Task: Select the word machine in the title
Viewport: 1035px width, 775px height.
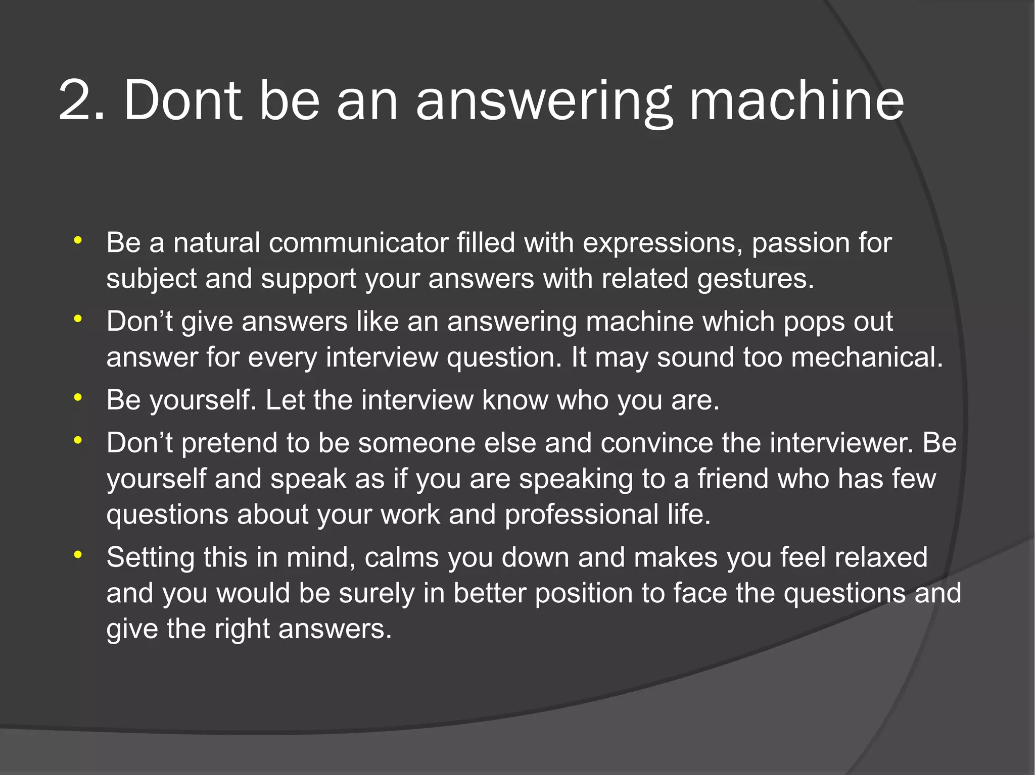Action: tap(796, 101)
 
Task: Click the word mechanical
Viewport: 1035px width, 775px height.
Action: tap(867, 357)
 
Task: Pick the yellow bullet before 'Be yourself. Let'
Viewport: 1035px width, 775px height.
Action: tap(77, 398)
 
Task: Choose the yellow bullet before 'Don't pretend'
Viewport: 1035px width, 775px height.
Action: tap(77, 440)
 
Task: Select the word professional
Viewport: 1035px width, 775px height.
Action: tap(581, 514)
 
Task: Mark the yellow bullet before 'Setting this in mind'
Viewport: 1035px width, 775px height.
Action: tap(77, 555)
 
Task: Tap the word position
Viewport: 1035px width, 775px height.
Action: tap(584, 593)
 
